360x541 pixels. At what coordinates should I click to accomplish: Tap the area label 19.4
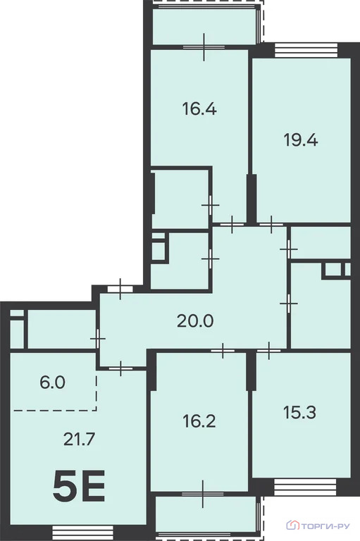click(x=301, y=139)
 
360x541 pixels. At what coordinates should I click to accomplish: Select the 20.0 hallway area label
click(x=194, y=322)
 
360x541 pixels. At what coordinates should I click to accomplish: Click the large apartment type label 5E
click(x=79, y=486)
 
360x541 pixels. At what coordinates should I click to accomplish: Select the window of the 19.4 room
click(x=296, y=49)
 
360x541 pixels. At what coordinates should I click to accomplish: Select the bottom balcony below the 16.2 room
click(x=204, y=518)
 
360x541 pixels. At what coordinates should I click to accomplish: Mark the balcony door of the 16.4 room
click(x=203, y=47)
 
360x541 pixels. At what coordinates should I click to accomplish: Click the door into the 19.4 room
click(x=271, y=225)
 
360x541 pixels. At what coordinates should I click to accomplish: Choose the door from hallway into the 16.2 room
click(x=223, y=348)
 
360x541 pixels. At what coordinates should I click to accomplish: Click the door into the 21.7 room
click(x=121, y=366)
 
